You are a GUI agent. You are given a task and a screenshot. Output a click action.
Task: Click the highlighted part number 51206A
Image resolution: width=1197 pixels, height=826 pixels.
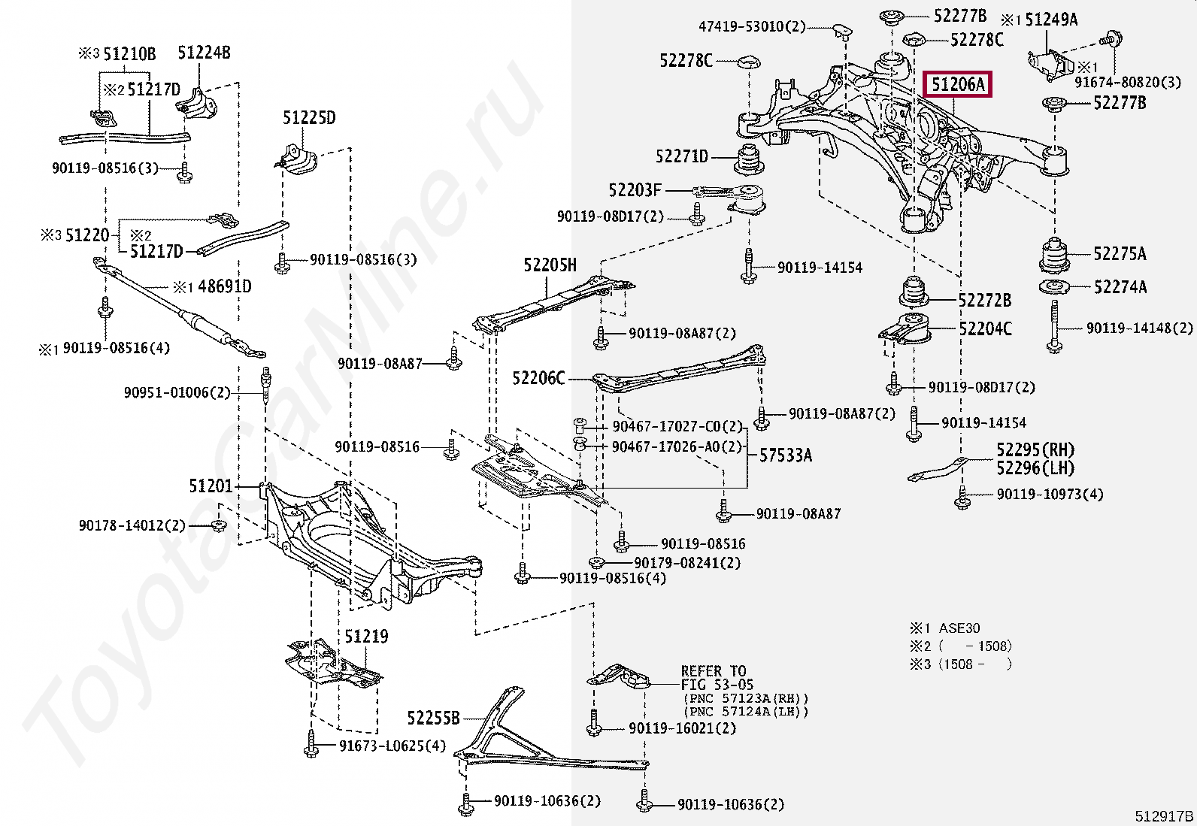958,85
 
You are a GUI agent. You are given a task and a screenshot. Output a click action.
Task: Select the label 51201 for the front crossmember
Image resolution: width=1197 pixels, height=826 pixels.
211,487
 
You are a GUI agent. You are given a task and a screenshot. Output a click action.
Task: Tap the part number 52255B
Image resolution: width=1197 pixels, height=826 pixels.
433,719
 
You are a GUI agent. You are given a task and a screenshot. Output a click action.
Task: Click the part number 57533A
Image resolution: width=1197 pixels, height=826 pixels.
785,455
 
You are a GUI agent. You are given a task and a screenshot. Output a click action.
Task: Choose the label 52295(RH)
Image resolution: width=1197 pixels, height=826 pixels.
1035,450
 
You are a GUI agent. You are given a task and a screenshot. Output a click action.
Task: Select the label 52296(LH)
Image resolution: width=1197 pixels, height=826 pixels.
1035,468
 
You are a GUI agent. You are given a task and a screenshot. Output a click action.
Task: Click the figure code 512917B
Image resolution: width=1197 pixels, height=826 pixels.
1164,815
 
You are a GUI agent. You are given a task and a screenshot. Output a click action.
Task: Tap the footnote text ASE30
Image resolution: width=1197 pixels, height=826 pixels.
959,628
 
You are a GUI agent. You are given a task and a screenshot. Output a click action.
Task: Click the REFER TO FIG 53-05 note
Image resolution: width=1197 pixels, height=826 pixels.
714,677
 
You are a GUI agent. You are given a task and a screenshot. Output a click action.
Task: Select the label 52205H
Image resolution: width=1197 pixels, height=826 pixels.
550,265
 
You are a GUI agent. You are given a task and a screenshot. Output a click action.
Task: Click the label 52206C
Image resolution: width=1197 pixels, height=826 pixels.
538,378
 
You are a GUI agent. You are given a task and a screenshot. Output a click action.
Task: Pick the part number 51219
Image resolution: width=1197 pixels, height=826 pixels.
366,637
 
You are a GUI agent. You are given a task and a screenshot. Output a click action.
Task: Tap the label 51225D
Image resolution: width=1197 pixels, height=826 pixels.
309,118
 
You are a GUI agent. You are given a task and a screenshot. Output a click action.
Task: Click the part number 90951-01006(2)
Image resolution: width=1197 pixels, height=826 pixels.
177,392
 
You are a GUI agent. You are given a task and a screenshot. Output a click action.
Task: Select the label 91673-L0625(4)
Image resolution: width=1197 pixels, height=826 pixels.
392,746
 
